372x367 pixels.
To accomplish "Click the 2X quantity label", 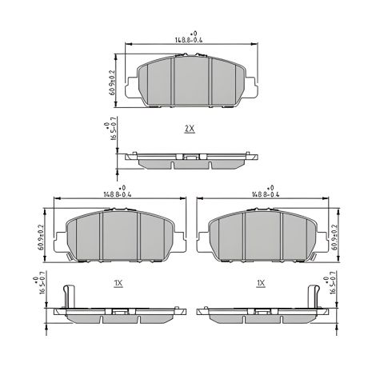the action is click(190, 129).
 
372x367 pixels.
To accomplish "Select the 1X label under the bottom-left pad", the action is click(118, 283).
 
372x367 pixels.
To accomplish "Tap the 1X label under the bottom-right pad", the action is click(261, 283).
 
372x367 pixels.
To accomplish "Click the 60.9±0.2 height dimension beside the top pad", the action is click(112, 82).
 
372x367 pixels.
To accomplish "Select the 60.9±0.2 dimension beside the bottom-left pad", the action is click(41, 237).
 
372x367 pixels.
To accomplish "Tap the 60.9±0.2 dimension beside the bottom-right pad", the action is click(335, 237).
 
